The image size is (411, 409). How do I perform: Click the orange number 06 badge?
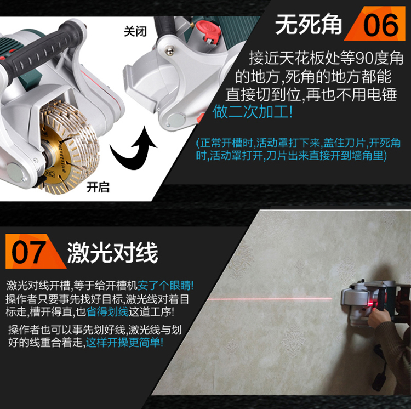point(378,24)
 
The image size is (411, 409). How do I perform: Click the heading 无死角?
point(309,24)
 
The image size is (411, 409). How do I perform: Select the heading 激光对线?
point(113,252)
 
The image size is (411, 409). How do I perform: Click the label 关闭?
point(135,31)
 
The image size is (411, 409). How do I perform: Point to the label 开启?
point(98,187)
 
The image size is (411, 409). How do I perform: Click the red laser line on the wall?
point(270,298)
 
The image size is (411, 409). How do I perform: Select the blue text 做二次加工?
point(253,112)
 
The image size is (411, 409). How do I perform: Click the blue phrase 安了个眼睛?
point(165,285)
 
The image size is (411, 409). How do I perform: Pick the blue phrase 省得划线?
point(107,311)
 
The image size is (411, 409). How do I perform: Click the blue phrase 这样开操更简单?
point(124,342)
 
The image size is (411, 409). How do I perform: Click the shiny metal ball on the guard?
point(169,50)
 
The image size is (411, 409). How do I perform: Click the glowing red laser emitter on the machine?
point(370,304)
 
